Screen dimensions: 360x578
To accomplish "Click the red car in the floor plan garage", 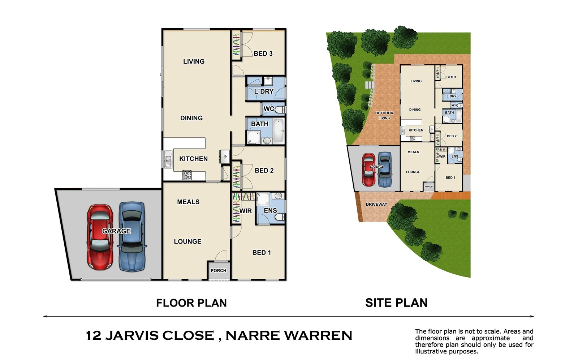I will coord(100,237).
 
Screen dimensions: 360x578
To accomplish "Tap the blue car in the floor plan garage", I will coord(132,237).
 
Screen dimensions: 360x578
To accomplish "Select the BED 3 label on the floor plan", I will coord(263,53).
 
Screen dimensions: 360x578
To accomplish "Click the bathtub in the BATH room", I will coord(278,130).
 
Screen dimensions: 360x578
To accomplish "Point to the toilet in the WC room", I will coord(280,109).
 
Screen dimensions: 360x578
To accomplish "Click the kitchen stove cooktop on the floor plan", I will coord(187,175).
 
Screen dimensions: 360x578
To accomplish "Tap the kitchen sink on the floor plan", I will coord(168,159).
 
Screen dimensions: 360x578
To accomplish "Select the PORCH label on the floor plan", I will coord(218,270).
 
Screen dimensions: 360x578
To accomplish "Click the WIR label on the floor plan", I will coord(246,211).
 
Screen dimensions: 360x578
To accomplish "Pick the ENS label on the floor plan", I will coord(270,210).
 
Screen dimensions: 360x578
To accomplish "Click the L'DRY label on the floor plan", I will coord(264,91).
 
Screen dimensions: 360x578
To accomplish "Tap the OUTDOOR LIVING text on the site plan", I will coord(384,115).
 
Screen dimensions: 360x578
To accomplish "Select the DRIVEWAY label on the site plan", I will coord(376,204).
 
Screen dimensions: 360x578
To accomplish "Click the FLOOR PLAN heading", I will coord(191,303).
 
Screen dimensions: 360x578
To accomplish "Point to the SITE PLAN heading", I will coord(396,303).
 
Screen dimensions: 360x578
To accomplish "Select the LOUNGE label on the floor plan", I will coord(187,241).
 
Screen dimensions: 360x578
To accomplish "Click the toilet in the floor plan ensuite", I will coord(279,217).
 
